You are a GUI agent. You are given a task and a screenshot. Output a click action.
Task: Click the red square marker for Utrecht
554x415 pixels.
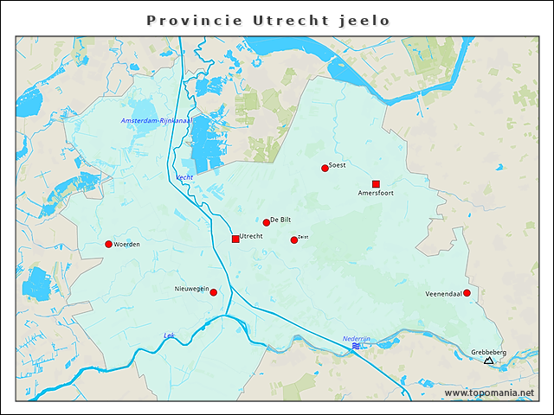[x=235, y=239]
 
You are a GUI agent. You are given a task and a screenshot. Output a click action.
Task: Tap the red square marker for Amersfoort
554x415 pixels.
[x=376, y=183]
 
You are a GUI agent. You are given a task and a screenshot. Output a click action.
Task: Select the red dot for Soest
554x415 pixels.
[x=325, y=168]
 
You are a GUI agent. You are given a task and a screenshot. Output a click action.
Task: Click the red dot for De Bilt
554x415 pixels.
[x=267, y=222]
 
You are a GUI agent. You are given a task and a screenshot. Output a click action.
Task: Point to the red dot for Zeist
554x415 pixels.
[x=294, y=239]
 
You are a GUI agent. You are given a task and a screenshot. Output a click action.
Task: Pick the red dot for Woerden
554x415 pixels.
[x=108, y=244]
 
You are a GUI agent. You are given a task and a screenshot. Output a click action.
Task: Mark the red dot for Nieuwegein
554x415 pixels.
[x=214, y=292]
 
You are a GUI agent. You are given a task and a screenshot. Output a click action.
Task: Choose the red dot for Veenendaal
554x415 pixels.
[x=467, y=293]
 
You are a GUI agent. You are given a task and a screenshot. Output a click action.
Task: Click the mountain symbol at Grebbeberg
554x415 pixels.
[x=488, y=360]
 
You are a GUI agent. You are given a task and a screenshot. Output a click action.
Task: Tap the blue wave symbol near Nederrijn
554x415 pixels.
[x=356, y=346]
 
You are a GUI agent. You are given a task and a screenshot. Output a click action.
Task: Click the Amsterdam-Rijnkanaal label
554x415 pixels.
[x=156, y=120]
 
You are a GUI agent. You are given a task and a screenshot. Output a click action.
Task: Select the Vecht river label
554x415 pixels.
[x=184, y=177]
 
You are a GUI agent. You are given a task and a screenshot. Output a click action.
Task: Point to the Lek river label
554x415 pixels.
[x=169, y=335]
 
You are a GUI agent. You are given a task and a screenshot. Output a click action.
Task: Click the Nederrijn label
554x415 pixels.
[x=356, y=338]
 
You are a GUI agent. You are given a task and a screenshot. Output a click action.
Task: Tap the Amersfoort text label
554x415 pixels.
[x=376, y=194]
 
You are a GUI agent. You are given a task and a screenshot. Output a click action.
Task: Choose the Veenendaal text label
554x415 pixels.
[x=443, y=294]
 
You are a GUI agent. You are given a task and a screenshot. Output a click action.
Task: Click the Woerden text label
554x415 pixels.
[x=127, y=245]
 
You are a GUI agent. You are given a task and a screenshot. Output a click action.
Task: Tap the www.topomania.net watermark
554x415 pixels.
[x=489, y=393]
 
